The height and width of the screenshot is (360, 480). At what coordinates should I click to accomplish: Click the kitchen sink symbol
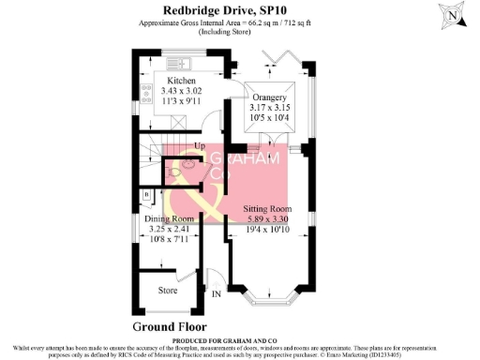177,64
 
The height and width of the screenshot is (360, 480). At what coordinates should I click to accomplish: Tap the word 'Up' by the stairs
199,146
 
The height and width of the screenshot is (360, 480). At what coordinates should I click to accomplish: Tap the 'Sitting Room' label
268,207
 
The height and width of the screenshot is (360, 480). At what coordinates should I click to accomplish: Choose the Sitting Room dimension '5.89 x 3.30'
268,218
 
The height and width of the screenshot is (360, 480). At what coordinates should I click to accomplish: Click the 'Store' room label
167,290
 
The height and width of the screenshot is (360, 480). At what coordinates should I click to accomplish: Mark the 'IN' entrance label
217,293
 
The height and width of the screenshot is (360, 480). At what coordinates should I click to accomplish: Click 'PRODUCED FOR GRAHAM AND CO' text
240,339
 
